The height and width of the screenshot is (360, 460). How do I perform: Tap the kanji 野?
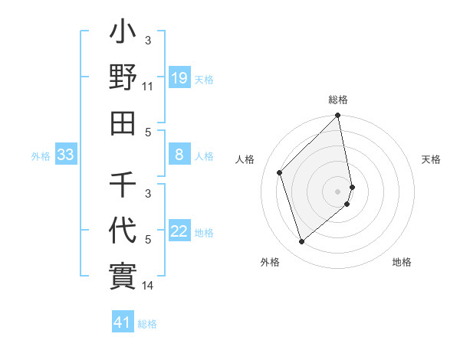(123, 78)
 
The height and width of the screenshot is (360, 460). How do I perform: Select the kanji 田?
(123, 121)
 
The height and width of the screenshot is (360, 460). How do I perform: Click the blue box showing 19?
(179, 78)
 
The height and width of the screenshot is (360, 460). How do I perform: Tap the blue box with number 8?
(179, 155)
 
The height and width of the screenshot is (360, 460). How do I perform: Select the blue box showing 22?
(179, 232)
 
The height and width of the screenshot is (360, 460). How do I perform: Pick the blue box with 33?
(65, 155)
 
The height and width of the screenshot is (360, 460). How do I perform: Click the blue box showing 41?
(122, 322)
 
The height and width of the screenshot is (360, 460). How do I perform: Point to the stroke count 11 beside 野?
(148, 87)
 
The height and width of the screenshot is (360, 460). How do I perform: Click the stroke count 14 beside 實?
(148, 286)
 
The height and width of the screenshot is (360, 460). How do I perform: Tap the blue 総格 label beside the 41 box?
(147, 323)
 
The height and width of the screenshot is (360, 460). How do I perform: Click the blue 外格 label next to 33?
(41, 156)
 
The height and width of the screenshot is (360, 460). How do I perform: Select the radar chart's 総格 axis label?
(338, 100)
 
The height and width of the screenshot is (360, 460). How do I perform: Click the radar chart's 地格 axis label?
(402, 262)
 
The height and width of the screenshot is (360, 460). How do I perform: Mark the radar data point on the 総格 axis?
(338, 116)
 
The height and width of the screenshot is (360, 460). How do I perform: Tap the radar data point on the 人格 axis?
(280, 172)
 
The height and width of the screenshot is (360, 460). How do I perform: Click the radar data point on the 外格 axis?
(302, 241)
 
